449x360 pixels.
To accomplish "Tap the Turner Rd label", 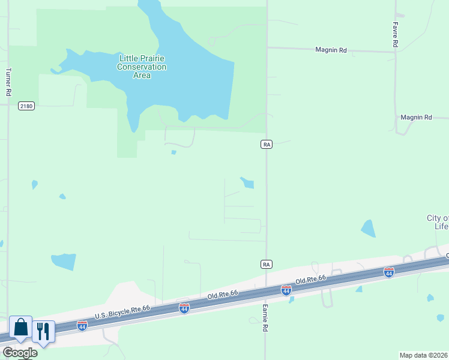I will (8, 82).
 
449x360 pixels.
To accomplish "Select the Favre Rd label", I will (396, 35).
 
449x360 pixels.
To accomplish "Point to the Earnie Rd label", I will (264, 317).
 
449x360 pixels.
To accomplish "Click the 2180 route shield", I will (26, 106).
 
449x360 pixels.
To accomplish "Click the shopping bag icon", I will (20, 328).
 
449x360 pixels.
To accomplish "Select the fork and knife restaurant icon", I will (43, 331).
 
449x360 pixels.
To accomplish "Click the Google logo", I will (19, 353).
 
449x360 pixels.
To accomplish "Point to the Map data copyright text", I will (424, 355).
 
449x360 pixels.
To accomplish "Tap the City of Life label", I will (438, 222).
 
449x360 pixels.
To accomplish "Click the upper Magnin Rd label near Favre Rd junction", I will (331, 50).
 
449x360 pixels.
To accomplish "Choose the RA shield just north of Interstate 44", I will (267, 264).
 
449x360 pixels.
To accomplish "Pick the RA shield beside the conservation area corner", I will (267, 144).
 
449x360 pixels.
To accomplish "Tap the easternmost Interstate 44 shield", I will (389, 272).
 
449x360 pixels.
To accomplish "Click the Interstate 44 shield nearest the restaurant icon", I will (82, 326).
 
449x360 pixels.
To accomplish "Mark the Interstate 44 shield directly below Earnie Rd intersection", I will (286, 290).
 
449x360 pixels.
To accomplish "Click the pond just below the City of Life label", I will (368, 229).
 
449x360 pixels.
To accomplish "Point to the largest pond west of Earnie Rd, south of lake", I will (64, 261).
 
